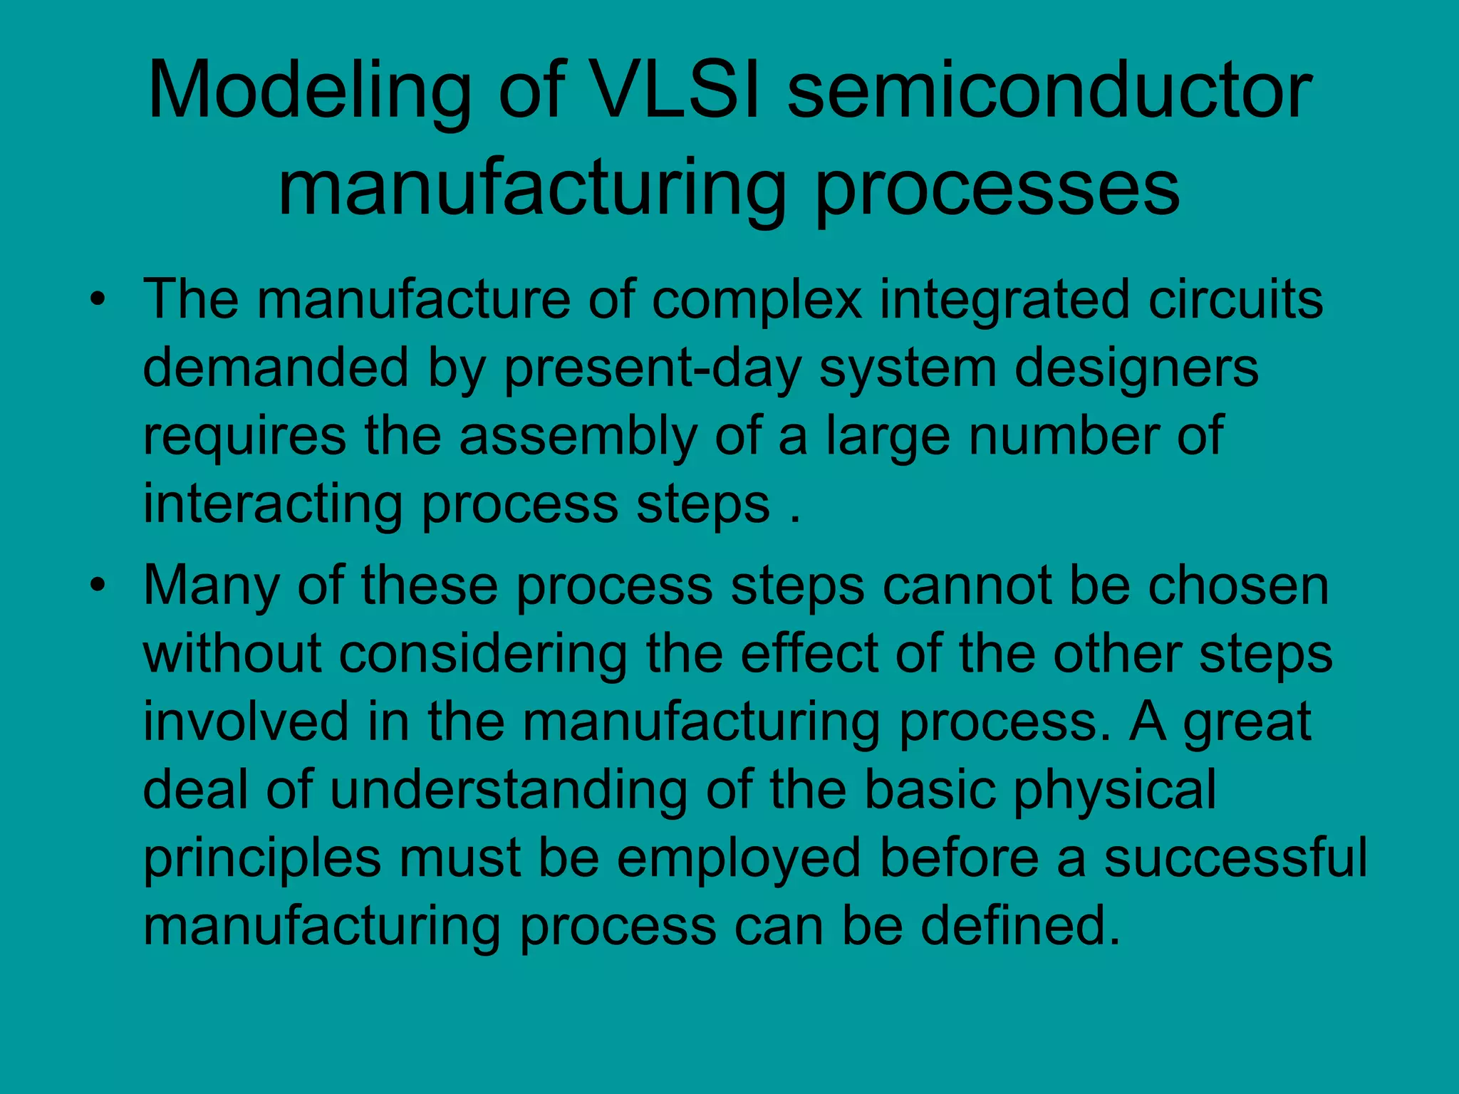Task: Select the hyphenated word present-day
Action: tap(652, 368)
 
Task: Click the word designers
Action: tap(1136, 368)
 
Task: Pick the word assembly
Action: tap(578, 437)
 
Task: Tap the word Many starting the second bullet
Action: tap(211, 586)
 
